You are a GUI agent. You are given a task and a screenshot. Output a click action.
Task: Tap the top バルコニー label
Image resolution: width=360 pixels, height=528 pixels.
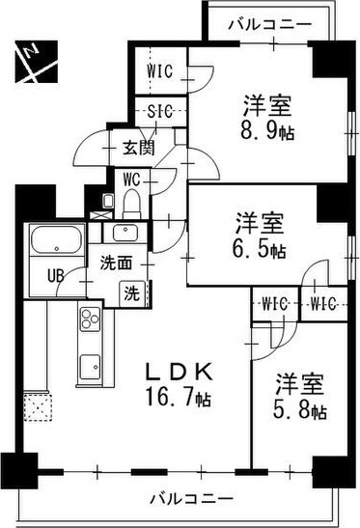coord(269,24)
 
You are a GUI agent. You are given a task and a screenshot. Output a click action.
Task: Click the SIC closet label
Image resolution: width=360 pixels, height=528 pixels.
coord(160,111)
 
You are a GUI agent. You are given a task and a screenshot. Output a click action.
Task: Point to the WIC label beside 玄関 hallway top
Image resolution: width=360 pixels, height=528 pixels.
coord(159,69)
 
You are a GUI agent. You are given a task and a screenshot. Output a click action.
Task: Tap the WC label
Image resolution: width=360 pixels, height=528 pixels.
coord(132,177)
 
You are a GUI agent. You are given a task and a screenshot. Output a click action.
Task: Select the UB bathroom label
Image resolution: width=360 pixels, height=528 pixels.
coord(56,275)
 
